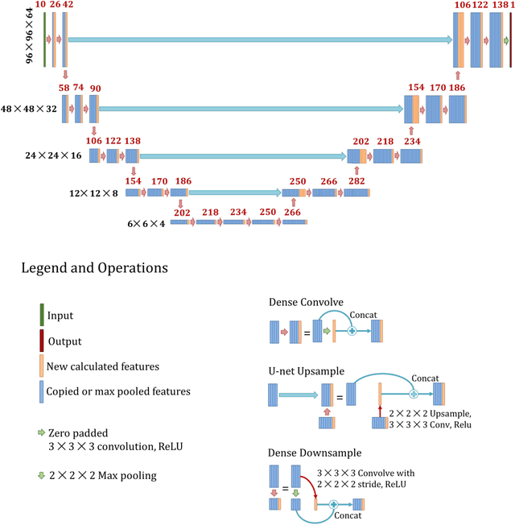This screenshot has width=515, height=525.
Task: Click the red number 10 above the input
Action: click(41, 6)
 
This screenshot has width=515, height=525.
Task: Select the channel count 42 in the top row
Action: click(68, 6)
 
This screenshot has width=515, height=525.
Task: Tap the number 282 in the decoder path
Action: click(356, 182)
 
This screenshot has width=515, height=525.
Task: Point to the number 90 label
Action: click(96, 89)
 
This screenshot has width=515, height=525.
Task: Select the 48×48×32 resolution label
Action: click(30, 109)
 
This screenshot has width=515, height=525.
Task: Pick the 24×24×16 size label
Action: click(53, 155)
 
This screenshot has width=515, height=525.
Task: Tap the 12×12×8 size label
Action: click(93, 193)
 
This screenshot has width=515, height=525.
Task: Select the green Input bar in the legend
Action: click(42, 316)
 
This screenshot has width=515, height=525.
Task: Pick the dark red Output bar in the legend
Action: click(42, 341)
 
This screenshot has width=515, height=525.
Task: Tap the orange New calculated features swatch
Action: click(42, 366)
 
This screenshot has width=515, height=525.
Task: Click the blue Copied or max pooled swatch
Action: click(42, 391)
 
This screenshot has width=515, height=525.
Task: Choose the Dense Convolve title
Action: click(307, 303)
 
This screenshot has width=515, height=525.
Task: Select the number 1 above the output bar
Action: click(511, 6)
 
